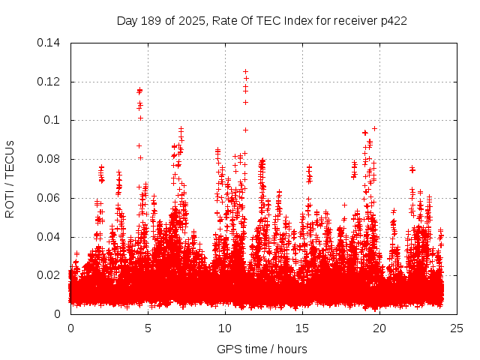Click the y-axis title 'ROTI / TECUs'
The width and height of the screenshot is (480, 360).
point(10,178)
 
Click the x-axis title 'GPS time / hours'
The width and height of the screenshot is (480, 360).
point(262,349)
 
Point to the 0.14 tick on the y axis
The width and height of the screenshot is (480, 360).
point(49,42)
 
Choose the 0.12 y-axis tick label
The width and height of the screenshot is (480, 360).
point(49,81)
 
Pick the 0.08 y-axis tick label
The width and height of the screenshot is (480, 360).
point(49,159)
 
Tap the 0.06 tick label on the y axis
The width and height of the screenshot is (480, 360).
point(49,198)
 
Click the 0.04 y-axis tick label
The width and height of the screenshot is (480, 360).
point(49,237)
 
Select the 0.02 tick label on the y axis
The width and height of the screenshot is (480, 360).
point(49,275)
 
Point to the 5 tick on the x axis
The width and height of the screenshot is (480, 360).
point(148,328)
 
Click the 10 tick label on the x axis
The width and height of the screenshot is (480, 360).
point(225,328)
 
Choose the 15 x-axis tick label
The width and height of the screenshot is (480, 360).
point(302,328)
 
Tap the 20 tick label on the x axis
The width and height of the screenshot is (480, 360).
point(379,328)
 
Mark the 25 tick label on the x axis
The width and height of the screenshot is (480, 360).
point(457,328)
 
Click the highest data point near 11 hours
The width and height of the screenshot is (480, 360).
point(245,71)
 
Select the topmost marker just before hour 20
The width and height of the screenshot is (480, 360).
point(374,128)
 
